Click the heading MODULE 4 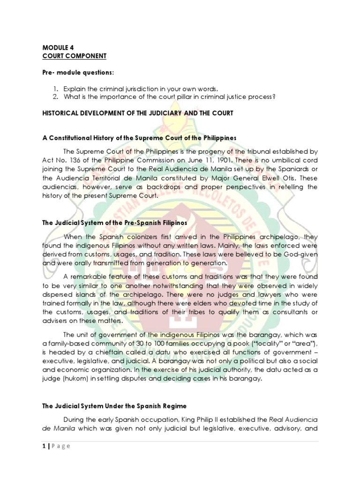(58, 48)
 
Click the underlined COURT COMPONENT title (74, 56)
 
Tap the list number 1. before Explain (55, 89)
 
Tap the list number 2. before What (55, 97)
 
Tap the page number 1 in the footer (44, 446)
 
